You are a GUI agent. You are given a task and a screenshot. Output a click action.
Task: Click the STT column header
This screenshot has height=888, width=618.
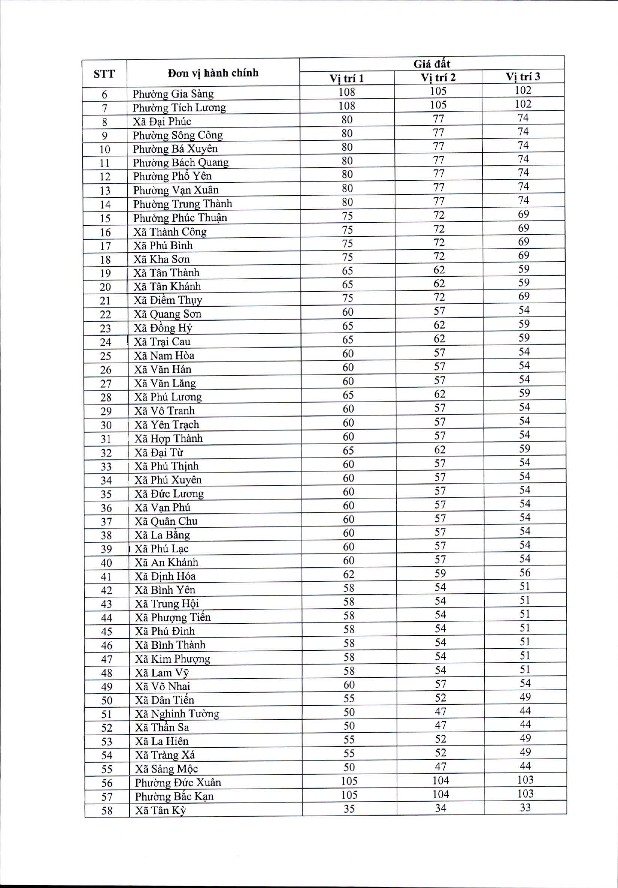coord(104,74)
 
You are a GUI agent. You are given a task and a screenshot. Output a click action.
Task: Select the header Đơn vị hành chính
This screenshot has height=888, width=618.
coord(213,73)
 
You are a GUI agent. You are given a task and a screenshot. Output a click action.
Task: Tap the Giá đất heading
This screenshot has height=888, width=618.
coord(432,63)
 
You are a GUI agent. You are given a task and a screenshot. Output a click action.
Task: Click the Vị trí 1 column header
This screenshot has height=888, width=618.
coord(346,78)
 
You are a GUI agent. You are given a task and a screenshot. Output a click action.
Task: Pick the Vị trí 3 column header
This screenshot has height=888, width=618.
coord(523,76)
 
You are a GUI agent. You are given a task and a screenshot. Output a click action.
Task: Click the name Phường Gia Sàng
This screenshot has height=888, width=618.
coord(173,94)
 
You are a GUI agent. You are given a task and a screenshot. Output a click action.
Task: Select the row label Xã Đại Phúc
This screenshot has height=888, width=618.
coord(162,121)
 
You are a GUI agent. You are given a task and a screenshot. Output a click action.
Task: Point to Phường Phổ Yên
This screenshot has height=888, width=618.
coord(172,176)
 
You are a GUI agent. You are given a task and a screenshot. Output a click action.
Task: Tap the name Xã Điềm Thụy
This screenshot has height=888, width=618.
coord(168,300)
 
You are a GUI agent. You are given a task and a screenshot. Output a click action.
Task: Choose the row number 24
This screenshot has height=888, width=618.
coord(105,342)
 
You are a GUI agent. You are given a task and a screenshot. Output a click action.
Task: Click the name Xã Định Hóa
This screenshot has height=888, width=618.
coord(165,576)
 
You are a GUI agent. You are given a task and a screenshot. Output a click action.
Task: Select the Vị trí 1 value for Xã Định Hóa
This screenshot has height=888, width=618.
coord(348,574)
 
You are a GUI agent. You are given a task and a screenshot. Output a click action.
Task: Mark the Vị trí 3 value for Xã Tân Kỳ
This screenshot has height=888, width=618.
coord(525,808)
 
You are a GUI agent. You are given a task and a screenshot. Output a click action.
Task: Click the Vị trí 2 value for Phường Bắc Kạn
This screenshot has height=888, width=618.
coord(441,795)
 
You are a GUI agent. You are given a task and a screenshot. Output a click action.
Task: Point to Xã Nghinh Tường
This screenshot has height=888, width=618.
coord(177,714)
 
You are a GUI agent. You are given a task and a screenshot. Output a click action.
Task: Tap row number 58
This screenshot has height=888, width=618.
coord(107,811)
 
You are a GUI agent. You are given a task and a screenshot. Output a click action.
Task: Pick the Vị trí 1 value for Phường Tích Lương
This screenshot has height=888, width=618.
coord(346,106)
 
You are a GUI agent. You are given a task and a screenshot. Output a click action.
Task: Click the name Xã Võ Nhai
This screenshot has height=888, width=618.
coord(162,686)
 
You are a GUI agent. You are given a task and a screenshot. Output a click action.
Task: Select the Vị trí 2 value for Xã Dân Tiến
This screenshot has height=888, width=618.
coord(440,698)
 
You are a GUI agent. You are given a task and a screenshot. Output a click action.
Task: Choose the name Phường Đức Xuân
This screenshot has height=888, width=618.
coord(178,783)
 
